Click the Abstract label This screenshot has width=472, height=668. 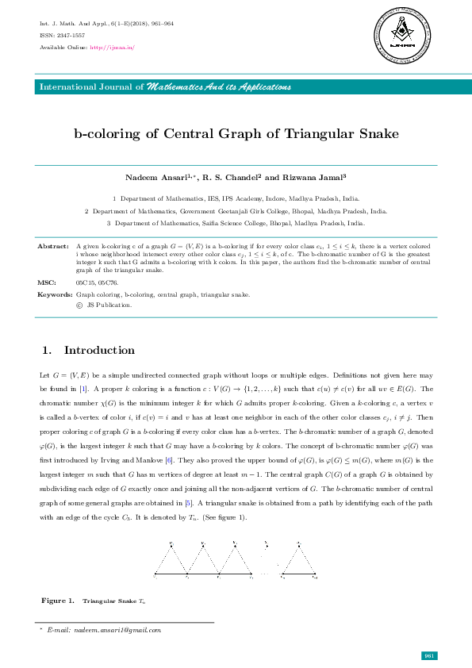click(x=54, y=247)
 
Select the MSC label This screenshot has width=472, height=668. click(x=46, y=282)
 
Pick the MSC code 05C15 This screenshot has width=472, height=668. click(x=85, y=282)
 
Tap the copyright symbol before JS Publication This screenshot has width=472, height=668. click(x=79, y=305)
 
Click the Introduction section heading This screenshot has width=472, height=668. click(x=99, y=350)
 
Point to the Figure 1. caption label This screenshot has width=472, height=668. click(x=58, y=601)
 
